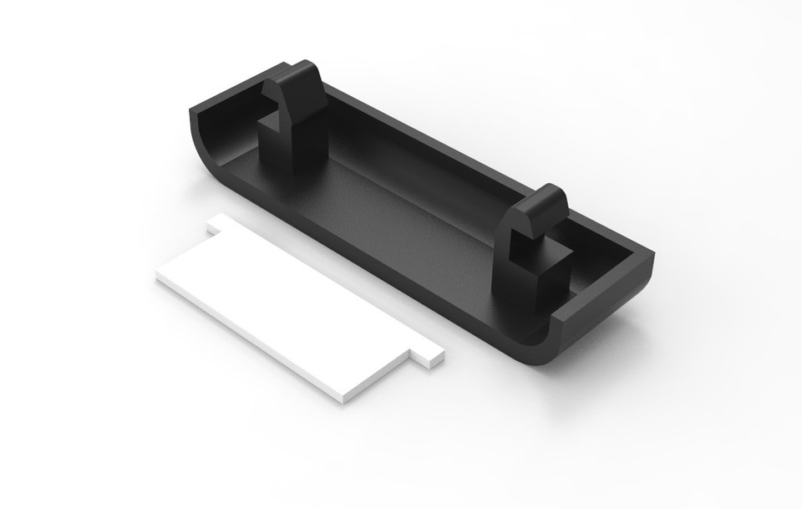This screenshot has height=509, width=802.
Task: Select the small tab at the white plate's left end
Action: click(x=219, y=222)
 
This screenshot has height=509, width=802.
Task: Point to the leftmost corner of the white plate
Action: click(x=157, y=277)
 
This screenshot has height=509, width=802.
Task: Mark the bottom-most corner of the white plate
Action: click(x=344, y=401)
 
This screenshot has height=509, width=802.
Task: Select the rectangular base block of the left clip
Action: click(x=280, y=146)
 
